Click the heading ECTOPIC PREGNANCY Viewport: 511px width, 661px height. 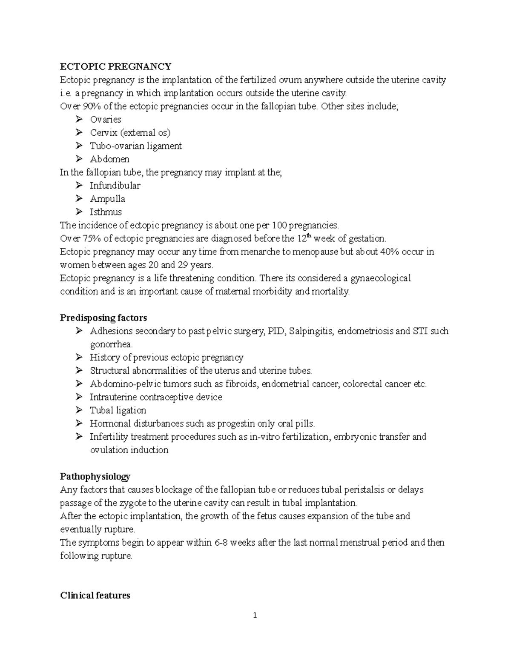[115, 66]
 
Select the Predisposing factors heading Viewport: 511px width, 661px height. [103, 318]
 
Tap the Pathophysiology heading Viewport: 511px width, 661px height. [95, 476]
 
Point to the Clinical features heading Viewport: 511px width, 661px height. [95, 595]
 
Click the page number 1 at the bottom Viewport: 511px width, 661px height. [255, 615]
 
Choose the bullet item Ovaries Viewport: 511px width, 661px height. [105, 120]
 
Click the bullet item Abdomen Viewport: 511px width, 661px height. [109, 159]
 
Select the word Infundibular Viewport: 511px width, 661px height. [115, 186]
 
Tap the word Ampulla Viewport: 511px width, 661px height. [107, 199]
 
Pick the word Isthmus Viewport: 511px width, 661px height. [106, 212]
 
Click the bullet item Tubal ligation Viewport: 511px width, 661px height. [118, 410]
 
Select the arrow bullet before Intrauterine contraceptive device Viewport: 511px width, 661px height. [79, 397]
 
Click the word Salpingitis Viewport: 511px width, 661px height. [311, 331]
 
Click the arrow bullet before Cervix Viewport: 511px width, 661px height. [79, 133]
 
